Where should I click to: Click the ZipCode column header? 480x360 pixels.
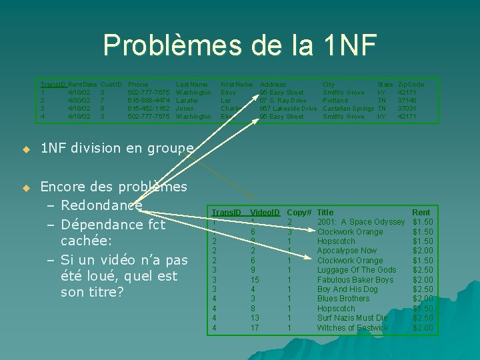411,85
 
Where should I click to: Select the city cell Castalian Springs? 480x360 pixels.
348,108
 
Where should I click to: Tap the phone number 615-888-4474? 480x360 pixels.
148,100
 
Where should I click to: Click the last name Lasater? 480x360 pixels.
187,100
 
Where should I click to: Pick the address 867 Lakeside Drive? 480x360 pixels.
288,108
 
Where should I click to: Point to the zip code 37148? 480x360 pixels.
407,100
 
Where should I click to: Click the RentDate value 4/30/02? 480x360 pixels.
80,100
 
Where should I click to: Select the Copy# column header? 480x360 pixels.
299,212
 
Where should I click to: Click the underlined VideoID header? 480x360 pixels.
265,212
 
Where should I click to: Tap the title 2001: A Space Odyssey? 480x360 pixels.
361,222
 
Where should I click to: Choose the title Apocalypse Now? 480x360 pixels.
347,251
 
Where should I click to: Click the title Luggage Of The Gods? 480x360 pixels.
356,270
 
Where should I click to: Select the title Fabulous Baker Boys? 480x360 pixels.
355,280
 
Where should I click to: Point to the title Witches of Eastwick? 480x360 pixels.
353,328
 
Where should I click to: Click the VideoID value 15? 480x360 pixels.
255,280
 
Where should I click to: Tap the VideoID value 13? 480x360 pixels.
255,318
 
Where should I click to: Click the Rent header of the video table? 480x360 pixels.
421,212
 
